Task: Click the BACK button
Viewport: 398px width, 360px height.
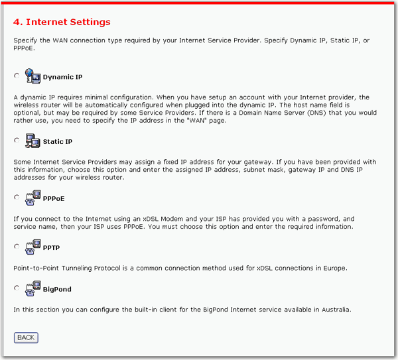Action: [26, 337]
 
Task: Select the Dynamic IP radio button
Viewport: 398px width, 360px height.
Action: [17, 76]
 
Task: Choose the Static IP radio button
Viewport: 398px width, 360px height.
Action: [17, 141]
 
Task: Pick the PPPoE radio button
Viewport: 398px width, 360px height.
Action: [17, 197]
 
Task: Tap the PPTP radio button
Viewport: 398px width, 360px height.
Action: [17, 247]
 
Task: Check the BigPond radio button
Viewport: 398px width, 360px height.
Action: [17, 288]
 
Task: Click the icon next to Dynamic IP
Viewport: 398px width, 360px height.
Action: [33, 75]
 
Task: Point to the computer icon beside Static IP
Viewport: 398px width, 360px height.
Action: [33, 140]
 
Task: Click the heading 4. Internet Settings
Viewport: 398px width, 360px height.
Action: [62, 23]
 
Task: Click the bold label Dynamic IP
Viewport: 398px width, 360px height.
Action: [62, 78]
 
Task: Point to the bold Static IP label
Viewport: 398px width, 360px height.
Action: [58, 142]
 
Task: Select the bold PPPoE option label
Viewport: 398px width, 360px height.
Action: [54, 198]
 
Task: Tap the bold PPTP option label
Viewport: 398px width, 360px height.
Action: [52, 248]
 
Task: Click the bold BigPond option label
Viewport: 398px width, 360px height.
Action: [57, 290]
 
